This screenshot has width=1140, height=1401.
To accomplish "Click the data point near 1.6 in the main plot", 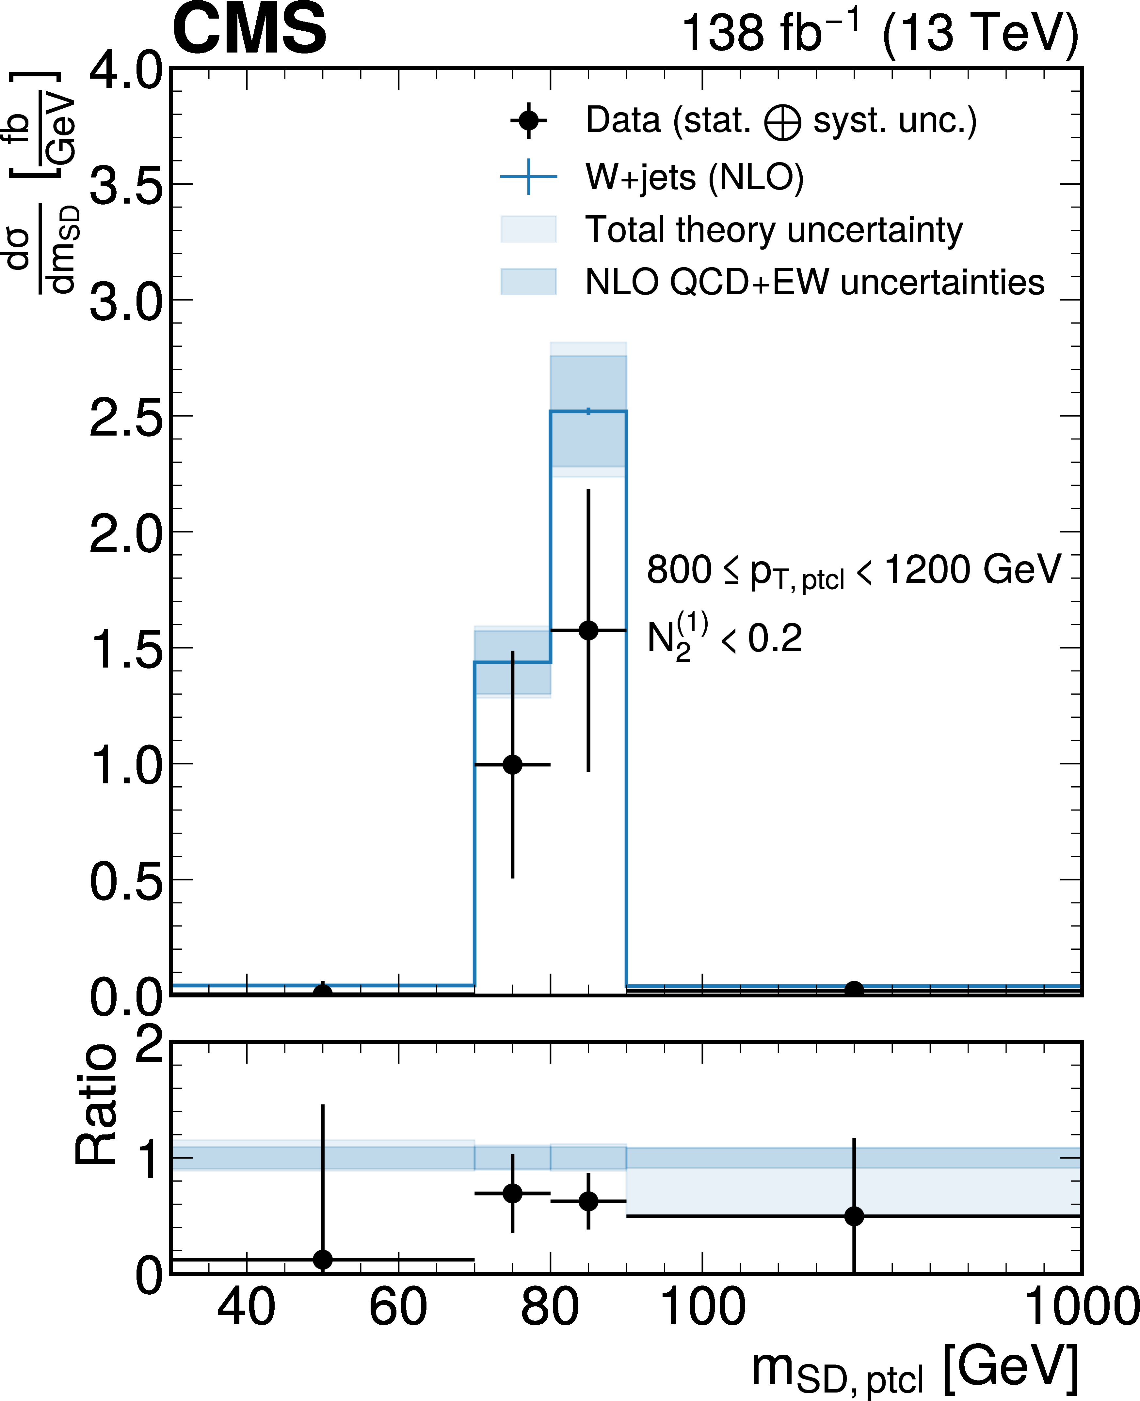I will click(588, 631).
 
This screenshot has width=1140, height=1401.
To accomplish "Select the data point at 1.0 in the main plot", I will click(512, 764).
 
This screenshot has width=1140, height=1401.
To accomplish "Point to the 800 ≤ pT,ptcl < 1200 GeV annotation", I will click(854, 570).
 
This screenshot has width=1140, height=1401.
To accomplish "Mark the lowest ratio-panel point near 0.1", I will click(322, 1259).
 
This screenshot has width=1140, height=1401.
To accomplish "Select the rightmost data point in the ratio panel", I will click(854, 1216).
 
